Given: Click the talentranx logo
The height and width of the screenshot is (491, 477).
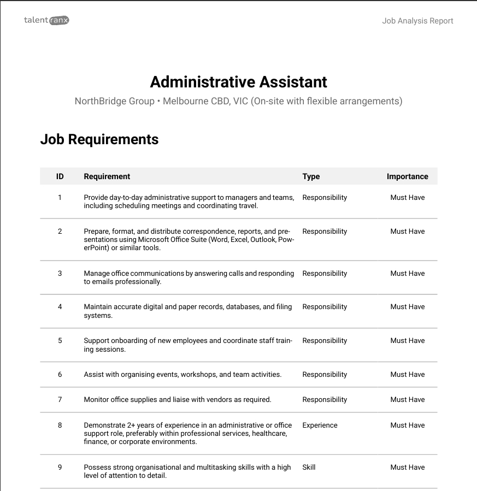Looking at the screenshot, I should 46,20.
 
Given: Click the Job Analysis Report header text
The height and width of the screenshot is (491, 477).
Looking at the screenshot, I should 417,21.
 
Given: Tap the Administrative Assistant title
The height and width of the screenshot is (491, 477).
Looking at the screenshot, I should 238,82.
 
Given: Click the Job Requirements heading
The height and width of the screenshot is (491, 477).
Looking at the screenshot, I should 99,139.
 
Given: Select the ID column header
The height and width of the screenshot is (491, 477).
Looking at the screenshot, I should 60,176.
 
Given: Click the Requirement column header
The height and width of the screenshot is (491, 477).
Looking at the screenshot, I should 107,176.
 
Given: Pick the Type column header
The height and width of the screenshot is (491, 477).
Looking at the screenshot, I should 311,176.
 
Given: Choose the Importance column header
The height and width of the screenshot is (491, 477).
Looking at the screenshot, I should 407,176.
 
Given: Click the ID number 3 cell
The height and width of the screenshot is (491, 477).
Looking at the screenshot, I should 60,273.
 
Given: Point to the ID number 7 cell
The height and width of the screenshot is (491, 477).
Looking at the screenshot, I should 60,399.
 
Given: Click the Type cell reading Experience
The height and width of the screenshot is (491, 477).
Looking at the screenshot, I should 320,425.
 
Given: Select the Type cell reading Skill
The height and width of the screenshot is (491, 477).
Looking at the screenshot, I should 309,467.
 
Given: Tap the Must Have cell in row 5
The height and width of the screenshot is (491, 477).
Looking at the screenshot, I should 407,340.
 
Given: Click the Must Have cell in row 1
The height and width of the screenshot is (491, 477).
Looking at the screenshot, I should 407,197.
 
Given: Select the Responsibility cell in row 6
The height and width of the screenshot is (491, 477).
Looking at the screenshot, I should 325,374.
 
